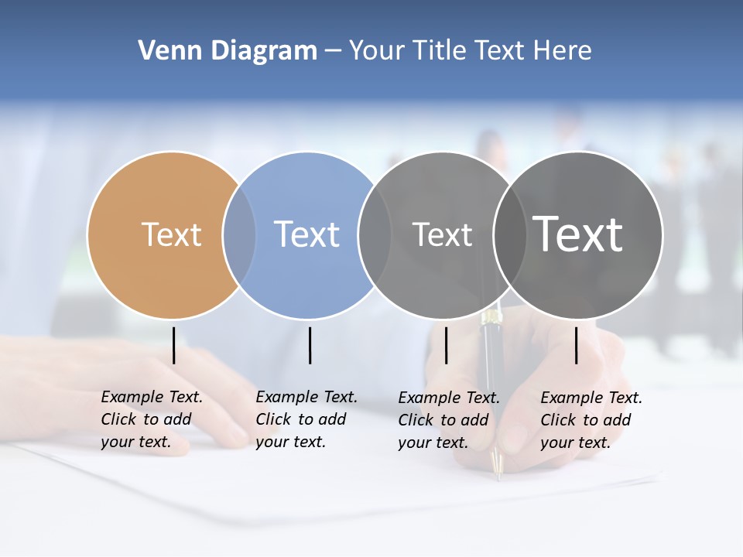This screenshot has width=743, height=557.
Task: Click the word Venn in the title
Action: (159, 51)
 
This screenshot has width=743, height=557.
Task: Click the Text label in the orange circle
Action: (171, 234)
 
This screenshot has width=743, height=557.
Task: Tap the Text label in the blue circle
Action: (306, 234)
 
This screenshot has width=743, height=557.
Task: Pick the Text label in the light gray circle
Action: (442, 234)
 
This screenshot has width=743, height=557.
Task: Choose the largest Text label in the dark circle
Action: (578, 234)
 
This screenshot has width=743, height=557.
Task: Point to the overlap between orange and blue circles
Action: (239, 234)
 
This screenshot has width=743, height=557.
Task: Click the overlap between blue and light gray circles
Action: (375, 234)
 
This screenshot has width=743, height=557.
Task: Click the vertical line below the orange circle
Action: (174, 345)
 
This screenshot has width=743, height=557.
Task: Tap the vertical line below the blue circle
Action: (310, 345)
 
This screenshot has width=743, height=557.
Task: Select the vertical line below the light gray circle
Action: (446, 345)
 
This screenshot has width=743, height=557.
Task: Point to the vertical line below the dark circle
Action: (576, 345)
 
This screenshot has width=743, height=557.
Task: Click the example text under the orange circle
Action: (151, 419)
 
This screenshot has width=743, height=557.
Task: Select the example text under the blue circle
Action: (306, 419)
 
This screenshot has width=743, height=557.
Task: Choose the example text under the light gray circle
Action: (448, 420)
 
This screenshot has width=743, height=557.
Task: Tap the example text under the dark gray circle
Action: (591, 420)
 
